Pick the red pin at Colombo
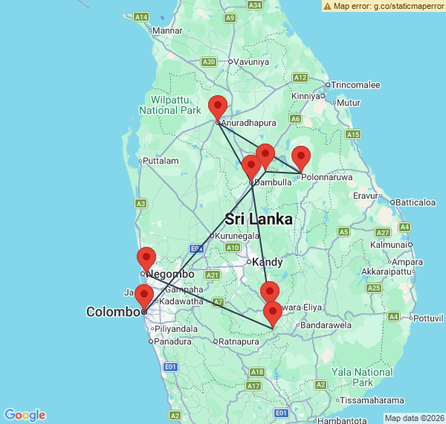coord(143,296)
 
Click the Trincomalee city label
coord(355,85)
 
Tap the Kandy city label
coord(267,262)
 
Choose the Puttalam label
coord(161,161)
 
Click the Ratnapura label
coord(238,342)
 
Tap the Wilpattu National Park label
coord(170,105)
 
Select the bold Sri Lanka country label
coord(259,219)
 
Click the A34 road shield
coord(255,4)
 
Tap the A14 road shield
coord(141,16)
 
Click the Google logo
coord(24,415)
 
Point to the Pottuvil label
coord(427,318)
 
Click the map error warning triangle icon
coord(327,6)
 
